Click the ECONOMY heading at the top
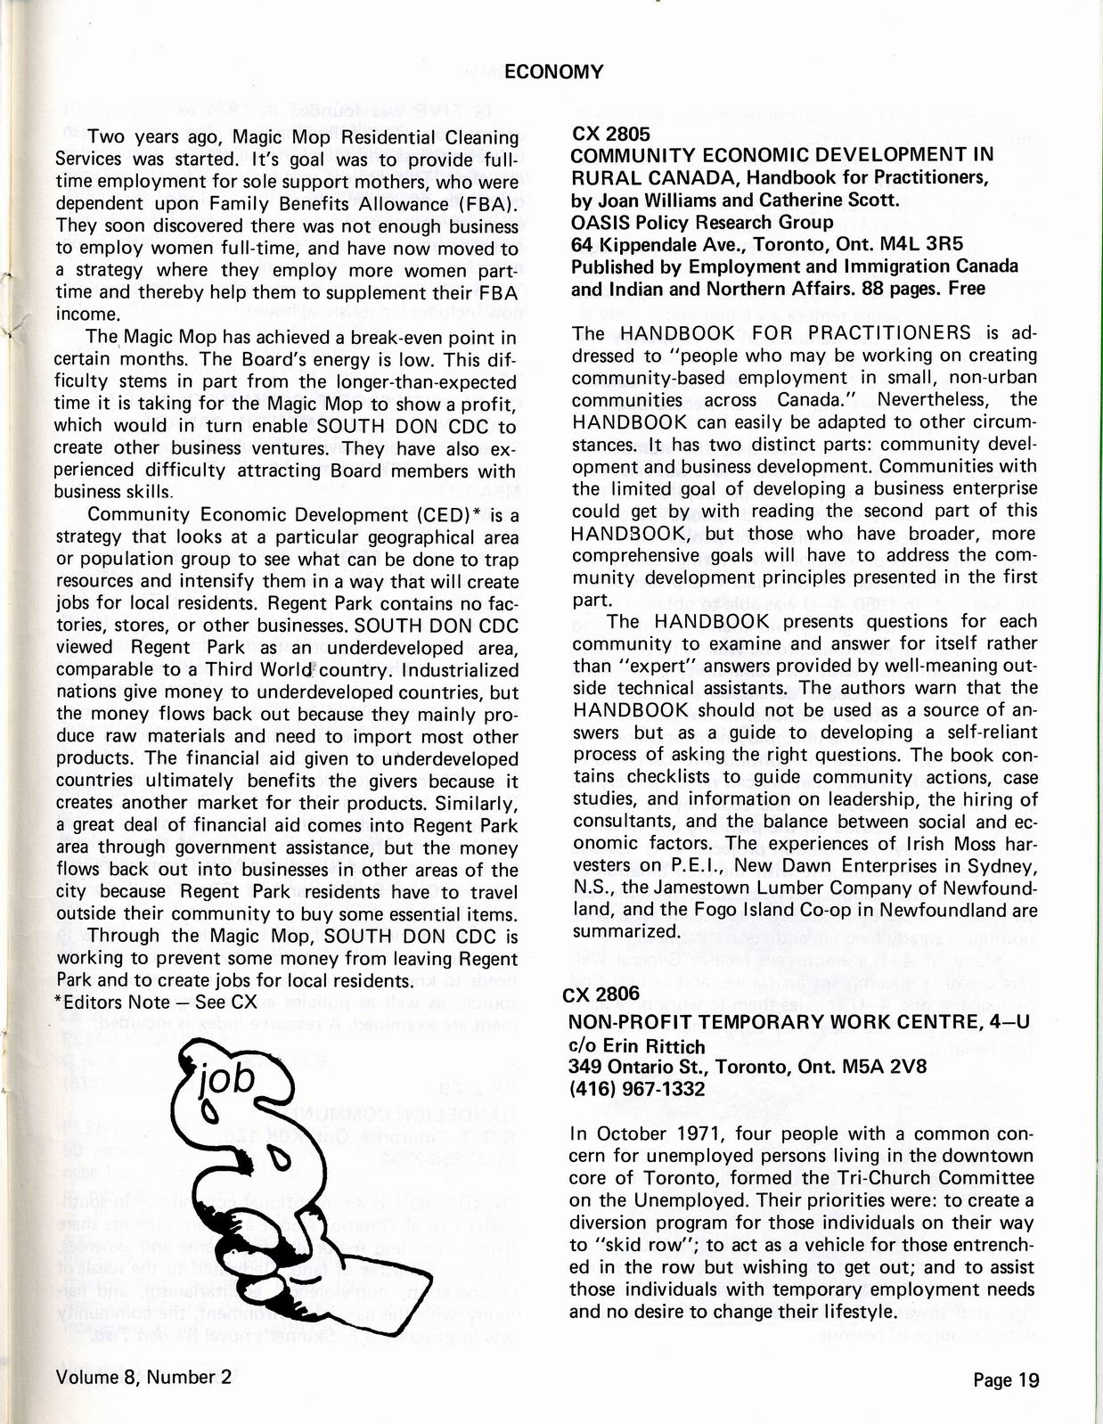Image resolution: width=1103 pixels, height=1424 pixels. [x=553, y=72]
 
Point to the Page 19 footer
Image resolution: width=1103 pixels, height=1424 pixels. [x=1006, y=1380]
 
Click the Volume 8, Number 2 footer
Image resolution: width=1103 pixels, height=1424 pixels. [x=143, y=1377]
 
